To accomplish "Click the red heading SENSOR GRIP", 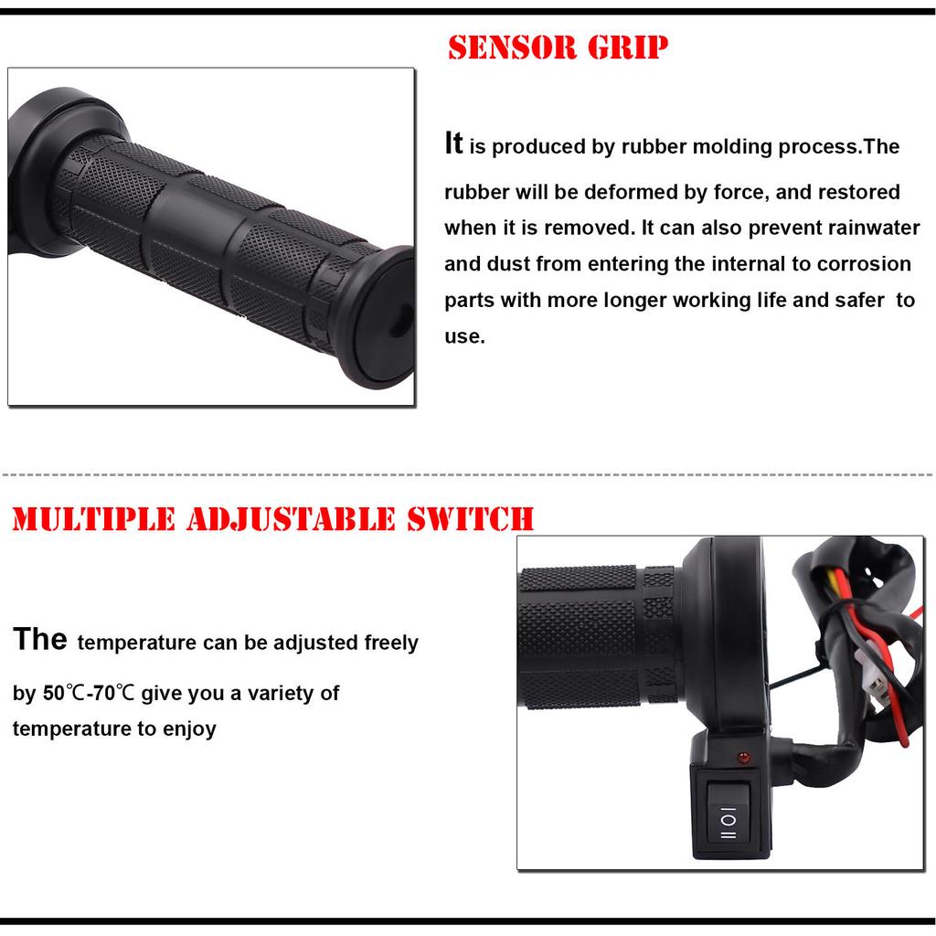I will pos(558,48).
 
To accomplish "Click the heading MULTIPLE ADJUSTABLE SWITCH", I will pos(272,518).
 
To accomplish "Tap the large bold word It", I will pos(453,144).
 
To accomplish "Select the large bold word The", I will pos(39,639).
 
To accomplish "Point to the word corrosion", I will pos(865,264).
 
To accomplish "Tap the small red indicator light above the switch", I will pos(740,758).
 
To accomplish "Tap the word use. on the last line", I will pos(464,336).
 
